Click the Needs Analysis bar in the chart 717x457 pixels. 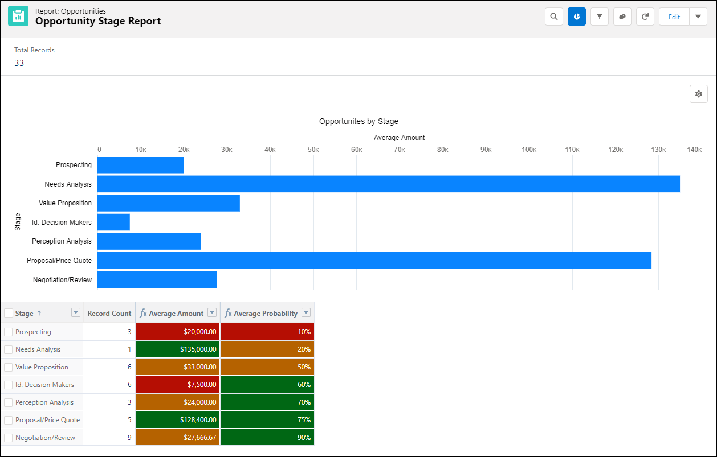[388, 184]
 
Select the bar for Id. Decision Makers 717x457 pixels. [113, 222]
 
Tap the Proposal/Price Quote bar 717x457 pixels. [374, 260]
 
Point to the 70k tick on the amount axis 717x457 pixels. [400, 150]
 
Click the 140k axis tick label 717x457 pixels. [694, 150]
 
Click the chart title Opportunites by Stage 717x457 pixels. [358, 121]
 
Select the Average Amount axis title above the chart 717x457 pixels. [399, 138]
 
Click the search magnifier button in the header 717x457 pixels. [553, 17]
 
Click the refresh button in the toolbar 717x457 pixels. [645, 17]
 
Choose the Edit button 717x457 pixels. [674, 17]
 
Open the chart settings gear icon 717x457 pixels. [698, 94]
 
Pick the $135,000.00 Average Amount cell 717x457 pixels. [178, 349]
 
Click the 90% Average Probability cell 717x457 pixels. [267, 438]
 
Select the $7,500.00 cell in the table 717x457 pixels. [178, 385]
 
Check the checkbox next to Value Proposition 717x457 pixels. [9, 367]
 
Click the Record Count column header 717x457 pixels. [109, 313]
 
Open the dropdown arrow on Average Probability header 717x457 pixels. [306, 313]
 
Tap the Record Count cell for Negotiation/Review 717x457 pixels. [109, 438]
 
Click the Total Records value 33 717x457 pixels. [19, 63]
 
